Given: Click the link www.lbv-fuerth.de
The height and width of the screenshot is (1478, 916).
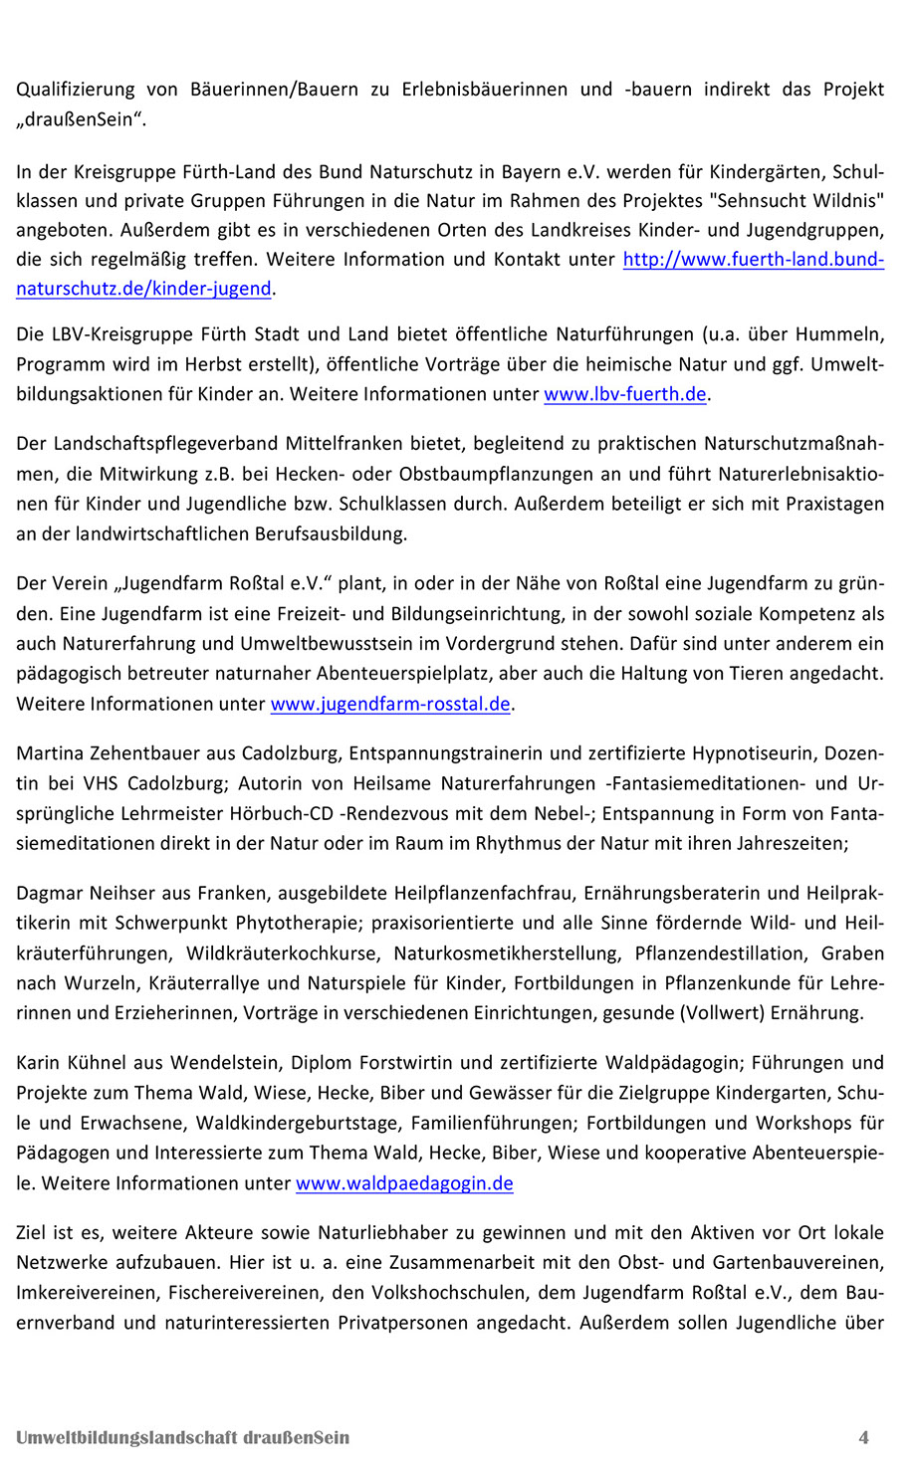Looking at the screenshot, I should pos(624,394).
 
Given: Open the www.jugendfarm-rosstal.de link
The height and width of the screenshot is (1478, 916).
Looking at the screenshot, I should pos(390,704).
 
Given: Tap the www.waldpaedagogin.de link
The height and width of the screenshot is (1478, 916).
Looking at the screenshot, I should pos(404,1183).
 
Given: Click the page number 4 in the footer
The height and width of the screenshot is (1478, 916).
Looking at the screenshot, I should pos(863,1437).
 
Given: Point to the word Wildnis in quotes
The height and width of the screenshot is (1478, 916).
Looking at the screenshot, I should pos(846,200).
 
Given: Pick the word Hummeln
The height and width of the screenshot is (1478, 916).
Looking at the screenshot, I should pos(840,333).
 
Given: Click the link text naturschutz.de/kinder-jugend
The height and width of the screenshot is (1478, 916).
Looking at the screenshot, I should pos(143,289).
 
